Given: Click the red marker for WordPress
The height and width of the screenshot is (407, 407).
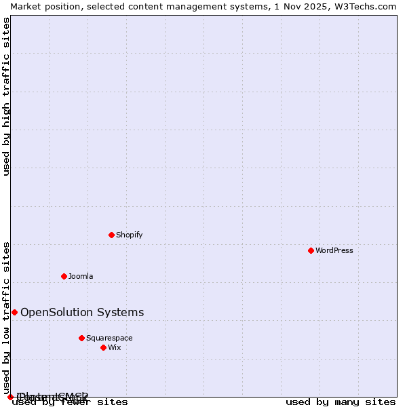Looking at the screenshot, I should point(311,250).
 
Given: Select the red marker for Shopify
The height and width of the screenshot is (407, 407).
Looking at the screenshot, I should point(111,235).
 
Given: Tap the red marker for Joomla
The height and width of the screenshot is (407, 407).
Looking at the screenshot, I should point(64,276).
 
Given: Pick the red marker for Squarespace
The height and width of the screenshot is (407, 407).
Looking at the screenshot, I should point(81,338).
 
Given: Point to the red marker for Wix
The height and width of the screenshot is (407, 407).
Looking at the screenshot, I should point(103,347).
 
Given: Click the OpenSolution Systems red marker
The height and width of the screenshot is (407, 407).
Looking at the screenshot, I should point(14,312).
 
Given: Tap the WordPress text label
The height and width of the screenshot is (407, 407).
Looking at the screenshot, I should point(334,250).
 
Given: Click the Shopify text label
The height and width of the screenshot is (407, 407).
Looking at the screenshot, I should point(129,235).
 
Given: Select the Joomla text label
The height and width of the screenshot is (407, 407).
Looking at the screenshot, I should point(81,276).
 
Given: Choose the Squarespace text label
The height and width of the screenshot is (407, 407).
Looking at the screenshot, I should point(109,338).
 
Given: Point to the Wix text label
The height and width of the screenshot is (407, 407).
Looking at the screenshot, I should point(115,347).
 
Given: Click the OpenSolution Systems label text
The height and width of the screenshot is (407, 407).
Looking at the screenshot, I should point(82,312).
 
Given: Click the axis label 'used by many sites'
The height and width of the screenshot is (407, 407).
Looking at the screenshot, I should point(341,402).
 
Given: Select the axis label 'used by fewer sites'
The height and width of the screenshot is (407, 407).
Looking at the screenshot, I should point(70,402).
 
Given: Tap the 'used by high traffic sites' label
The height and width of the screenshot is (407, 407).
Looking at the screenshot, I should point(6,96).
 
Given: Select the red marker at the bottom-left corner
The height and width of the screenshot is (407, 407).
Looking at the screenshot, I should point(10,397).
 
